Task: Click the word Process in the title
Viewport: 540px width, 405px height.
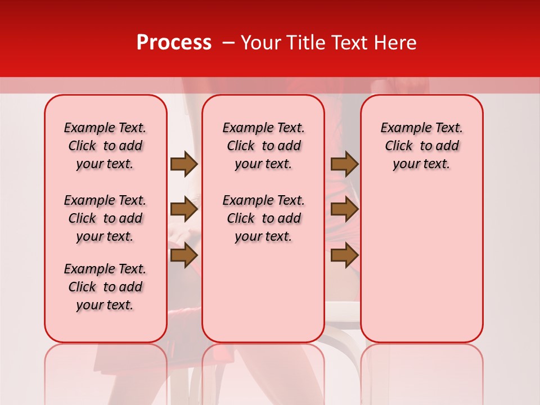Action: (174, 43)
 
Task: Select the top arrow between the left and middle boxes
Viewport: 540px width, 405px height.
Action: (183, 164)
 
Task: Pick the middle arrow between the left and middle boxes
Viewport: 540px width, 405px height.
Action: (183, 210)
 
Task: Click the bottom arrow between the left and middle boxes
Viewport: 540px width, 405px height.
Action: (183, 255)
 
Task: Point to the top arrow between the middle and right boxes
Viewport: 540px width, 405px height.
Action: (344, 164)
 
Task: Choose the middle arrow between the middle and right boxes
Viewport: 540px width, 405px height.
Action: (344, 210)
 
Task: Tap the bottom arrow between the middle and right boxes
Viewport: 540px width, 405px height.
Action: (344, 255)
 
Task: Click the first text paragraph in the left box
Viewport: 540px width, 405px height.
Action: (105, 146)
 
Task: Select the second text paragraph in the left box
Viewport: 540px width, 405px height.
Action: (105, 218)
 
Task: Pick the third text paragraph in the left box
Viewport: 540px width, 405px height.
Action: (105, 287)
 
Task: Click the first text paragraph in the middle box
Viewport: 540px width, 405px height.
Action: (264, 146)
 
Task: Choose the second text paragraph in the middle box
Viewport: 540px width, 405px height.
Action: (264, 218)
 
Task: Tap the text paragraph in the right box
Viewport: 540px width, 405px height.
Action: (422, 146)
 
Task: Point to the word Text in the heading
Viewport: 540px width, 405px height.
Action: (351, 43)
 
